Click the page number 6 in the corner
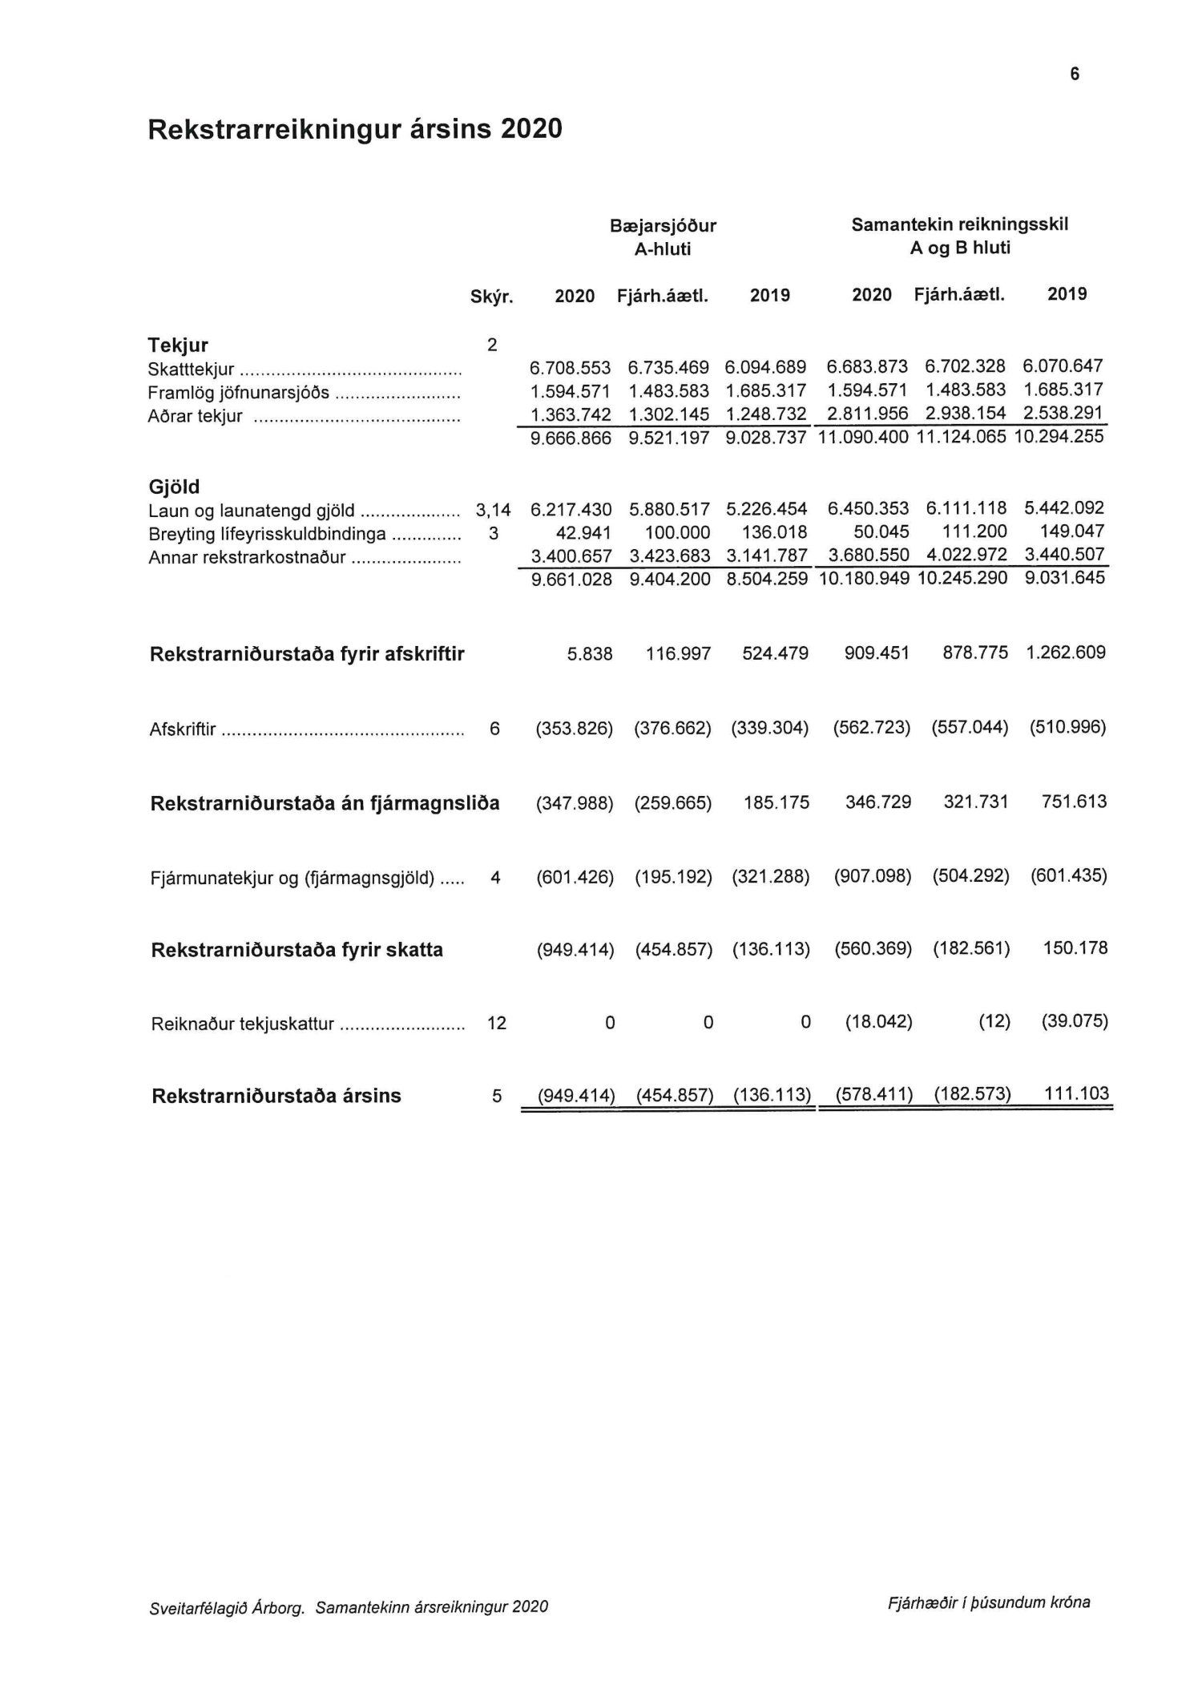click(1074, 74)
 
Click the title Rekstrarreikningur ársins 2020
click(355, 129)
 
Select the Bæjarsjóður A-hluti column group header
click(663, 237)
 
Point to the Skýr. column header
click(491, 297)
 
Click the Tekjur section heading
click(178, 345)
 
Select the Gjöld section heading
click(174, 487)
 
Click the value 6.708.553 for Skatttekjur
click(570, 368)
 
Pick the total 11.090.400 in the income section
click(864, 438)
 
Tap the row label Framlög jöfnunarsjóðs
click(239, 394)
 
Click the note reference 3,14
click(493, 510)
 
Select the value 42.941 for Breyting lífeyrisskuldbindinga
click(584, 533)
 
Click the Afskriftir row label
click(183, 729)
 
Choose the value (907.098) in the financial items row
click(873, 876)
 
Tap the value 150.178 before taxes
click(1075, 948)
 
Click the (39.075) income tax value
click(1075, 1021)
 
